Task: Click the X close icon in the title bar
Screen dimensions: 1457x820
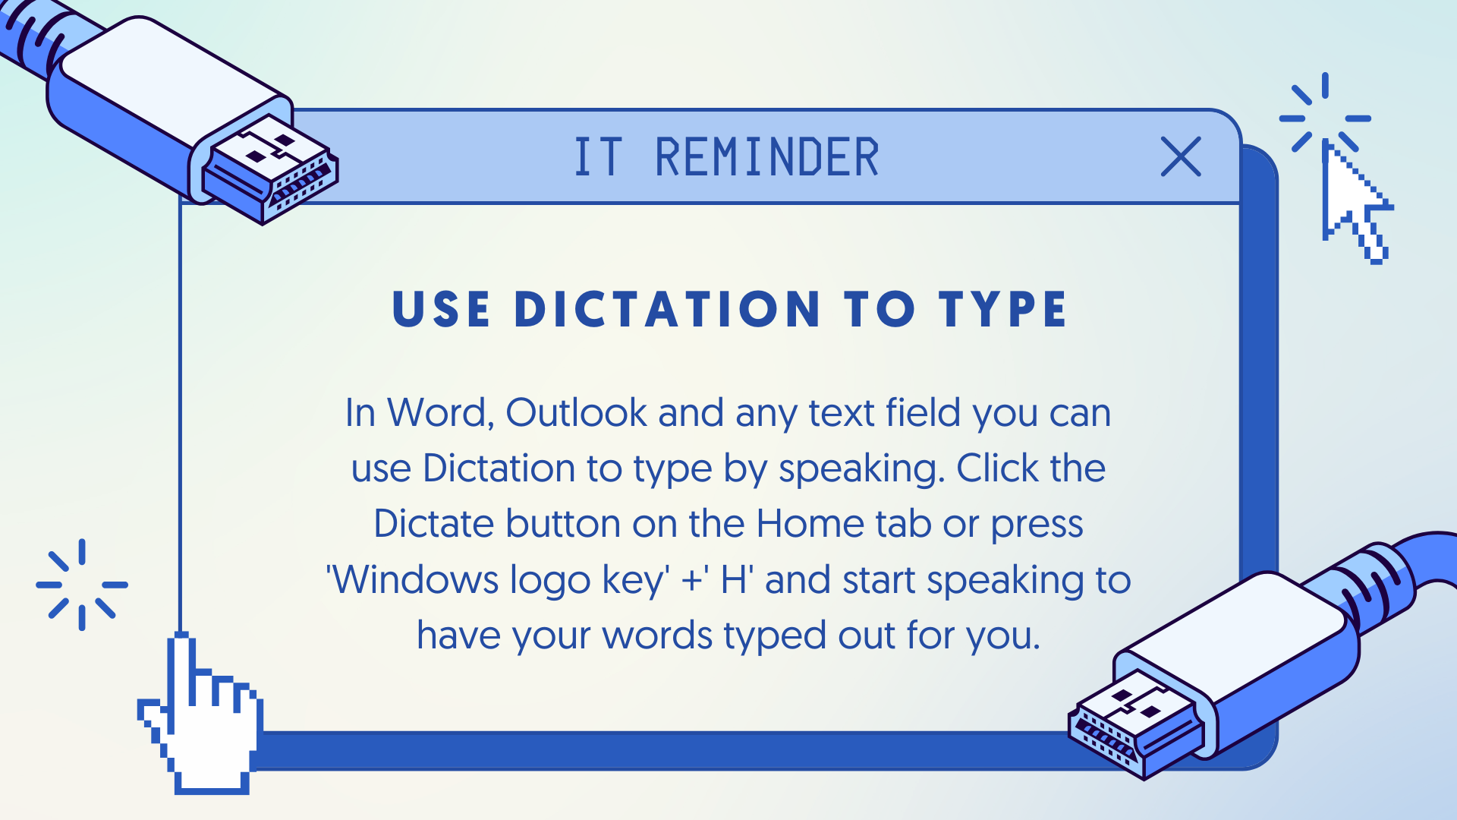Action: [x=1181, y=156]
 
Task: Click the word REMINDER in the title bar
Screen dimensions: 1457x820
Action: [x=766, y=158]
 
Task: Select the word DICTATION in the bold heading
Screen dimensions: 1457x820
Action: [x=667, y=309]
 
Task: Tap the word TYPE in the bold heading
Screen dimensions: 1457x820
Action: [x=1002, y=309]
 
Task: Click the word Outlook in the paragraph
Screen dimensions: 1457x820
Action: [x=576, y=413]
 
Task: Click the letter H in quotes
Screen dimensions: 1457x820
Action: [x=733, y=580]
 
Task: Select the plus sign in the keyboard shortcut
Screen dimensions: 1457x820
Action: [x=691, y=581]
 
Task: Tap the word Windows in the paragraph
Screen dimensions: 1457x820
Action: [x=415, y=580]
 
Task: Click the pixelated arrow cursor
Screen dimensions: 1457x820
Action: [x=1357, y=202]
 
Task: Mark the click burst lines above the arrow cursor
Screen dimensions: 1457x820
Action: [x=1325, y=113]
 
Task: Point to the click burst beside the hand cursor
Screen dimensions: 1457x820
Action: [x=82, y=585]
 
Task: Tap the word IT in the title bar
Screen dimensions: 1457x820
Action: [x=599, y=158]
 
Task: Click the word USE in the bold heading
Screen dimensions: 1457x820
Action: [x=441, y=309]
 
